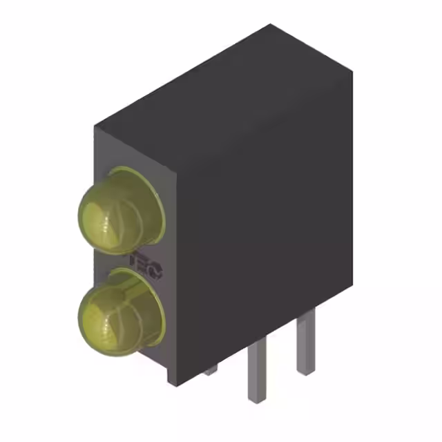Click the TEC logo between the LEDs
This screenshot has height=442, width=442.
point(146,267)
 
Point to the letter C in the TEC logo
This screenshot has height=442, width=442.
point(155,271)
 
